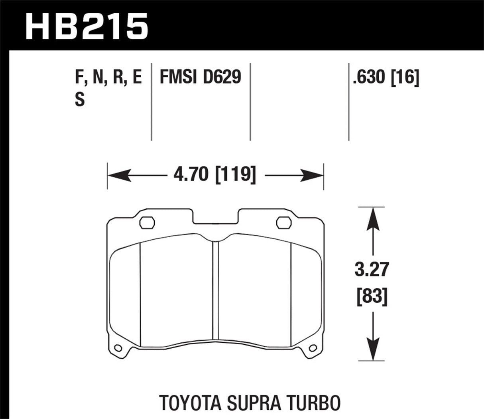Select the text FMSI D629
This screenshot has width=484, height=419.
200,77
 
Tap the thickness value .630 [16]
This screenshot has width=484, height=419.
386,77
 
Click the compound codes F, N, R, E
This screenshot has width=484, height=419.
108,77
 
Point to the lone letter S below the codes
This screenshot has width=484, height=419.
80,99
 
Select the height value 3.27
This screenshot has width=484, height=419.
371,270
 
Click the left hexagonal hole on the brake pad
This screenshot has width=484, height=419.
147,222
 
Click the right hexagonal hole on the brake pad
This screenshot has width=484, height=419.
284,222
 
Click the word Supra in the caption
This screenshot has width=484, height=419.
254,403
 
